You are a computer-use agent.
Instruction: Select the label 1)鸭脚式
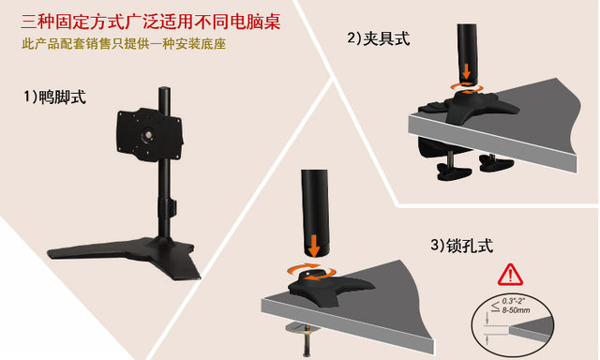(55, 96)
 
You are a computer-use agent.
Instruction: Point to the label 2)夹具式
(379, 38)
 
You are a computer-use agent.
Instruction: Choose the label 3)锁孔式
(461, 246)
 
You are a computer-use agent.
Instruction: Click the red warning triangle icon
(511, 275)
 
